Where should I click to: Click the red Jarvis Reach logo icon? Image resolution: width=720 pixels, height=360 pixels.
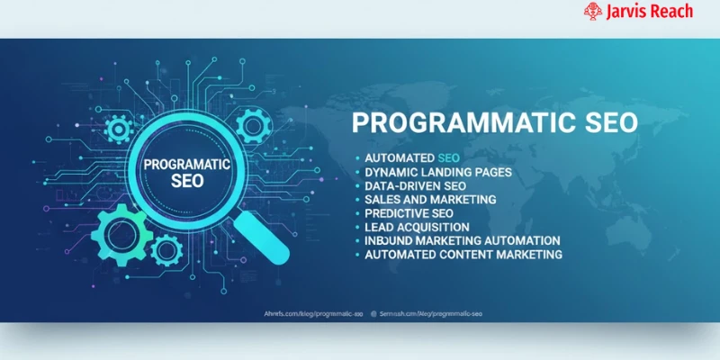(592, 11)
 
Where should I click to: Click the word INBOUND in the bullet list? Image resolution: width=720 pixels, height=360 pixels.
(390, 241)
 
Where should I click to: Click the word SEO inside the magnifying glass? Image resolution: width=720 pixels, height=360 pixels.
(187, 180)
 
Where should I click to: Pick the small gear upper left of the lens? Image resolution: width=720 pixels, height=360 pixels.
(118, 130)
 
